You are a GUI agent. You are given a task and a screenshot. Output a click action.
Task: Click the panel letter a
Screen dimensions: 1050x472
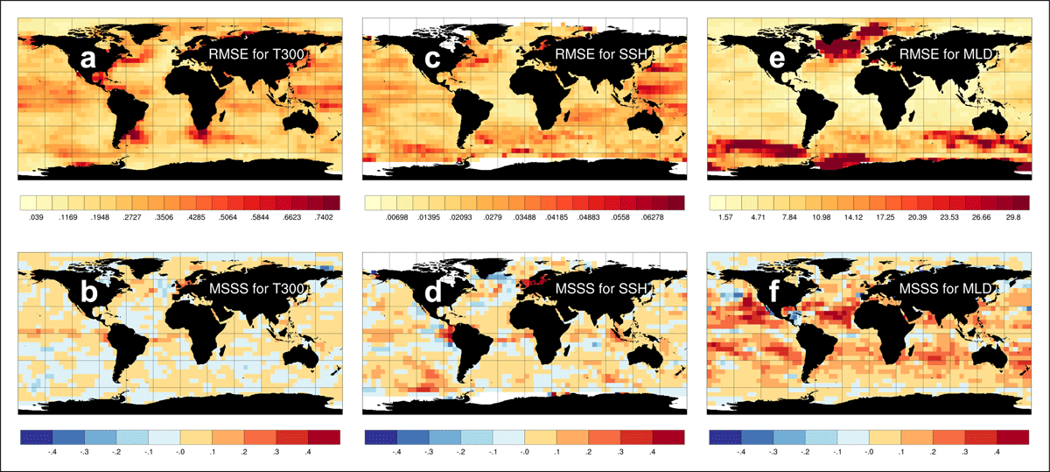point(87,59)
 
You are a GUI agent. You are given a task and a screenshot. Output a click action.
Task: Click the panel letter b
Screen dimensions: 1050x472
point(88,292)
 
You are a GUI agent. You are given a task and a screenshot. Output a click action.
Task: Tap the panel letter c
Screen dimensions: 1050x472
point(432,59)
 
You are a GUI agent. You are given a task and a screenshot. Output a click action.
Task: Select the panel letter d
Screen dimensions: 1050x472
point(432,292)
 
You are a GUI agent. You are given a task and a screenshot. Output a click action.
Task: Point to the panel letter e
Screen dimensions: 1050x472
point(777,59)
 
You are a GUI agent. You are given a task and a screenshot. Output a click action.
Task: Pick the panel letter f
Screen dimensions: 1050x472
point(773,291)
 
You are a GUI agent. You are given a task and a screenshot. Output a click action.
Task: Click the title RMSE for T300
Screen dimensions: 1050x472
point(256,54)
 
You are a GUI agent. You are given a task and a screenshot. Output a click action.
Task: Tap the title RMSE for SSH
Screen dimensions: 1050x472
point(601,54)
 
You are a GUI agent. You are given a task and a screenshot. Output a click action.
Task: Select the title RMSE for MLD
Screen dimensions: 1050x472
point(946,54)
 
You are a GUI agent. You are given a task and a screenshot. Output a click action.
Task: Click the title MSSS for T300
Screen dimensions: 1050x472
point(257,288)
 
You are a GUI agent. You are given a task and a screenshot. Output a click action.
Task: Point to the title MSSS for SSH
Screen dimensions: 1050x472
point(601,288)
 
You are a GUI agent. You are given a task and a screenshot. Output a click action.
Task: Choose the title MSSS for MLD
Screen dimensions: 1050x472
point(946,288)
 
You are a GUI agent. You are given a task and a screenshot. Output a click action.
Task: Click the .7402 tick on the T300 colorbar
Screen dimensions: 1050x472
point(324,218)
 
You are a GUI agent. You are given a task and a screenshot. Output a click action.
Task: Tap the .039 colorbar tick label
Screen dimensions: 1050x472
point(36,218)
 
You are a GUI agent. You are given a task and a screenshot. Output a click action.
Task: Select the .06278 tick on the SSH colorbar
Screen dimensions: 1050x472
point(653,218)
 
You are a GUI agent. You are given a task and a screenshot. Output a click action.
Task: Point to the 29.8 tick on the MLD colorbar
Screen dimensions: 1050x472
point(1013,218)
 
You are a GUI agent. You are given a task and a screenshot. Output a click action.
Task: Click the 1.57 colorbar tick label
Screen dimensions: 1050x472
point(725,218)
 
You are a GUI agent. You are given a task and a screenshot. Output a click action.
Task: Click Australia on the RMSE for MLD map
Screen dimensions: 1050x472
point(990,121)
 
